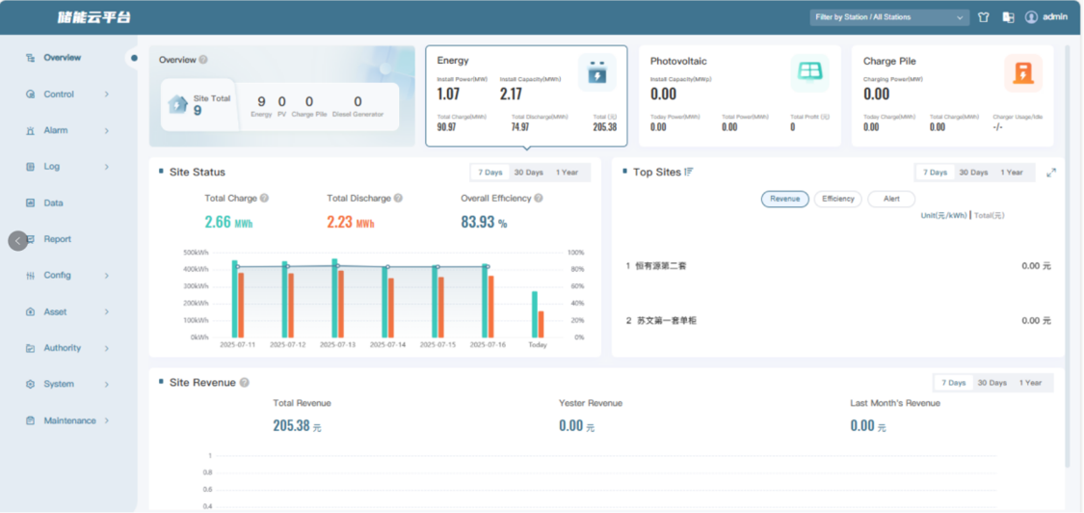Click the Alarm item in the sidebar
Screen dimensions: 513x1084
[55, 130]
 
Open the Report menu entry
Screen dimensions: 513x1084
[57, 239]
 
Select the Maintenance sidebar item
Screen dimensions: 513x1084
[69, 420]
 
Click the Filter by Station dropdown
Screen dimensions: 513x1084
[888, 17]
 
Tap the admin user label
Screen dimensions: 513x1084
[1054, 17]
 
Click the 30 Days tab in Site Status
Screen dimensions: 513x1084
[528, 173]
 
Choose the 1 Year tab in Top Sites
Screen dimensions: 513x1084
[1011, 173]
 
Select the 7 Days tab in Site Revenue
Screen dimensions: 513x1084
[953, 383]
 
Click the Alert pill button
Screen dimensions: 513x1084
[891, 199]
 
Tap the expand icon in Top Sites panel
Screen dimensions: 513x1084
[1051, 173]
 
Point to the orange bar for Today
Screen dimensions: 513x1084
[542, 324]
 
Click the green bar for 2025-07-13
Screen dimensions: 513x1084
[334, 298]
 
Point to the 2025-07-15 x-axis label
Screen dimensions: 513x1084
[437, 344]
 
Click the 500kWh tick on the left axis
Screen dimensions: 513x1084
[196, 253]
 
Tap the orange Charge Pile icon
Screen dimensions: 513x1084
[1022, 73]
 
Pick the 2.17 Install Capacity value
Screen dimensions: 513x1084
[511, 94]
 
